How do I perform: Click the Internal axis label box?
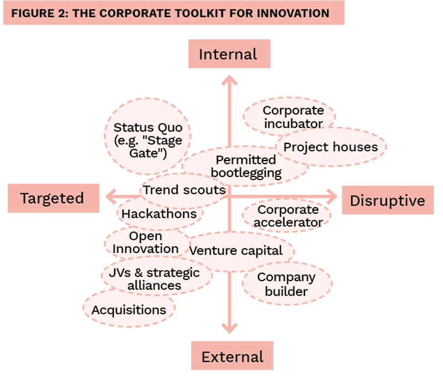click(x=228, y=54)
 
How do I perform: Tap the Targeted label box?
click(x=52, y=198)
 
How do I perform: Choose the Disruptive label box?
click(x=388, y=200)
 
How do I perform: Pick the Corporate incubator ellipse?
click(x=292, y=117)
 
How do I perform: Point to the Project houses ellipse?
click(x=331, y=147)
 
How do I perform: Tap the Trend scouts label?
click(x=184, y=190)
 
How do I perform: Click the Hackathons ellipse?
click(x=159, y=214)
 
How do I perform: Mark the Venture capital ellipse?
click(x=236, y=251)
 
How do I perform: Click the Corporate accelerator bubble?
click(x=288, y=216)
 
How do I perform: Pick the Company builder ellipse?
click(x=286, y=284)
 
